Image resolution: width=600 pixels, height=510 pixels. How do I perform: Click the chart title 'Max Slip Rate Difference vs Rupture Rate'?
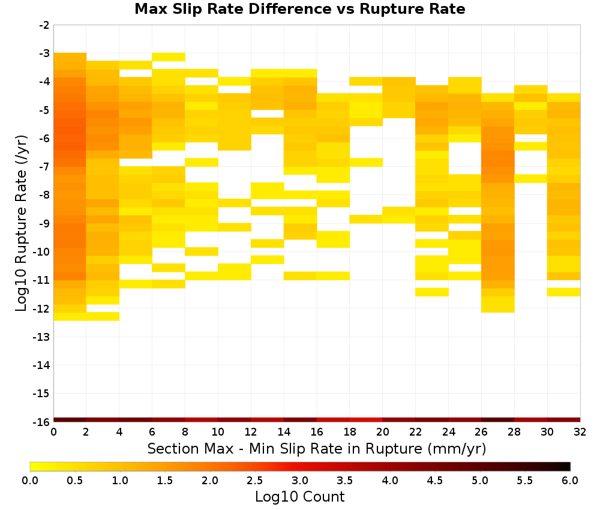pos(299,9)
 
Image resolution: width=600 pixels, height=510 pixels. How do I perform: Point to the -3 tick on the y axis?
pos(44,53)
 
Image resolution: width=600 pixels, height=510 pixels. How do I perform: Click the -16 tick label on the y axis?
pos(41,422)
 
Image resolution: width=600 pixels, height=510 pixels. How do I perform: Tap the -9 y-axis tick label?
pos(44,223)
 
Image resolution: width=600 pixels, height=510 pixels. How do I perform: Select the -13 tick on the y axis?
pos(41,337)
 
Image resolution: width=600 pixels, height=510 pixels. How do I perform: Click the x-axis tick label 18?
pos(350,432)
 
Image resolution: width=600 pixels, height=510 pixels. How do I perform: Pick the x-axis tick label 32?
pos(580,432)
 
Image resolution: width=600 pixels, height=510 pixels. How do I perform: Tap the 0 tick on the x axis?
pos(53,432)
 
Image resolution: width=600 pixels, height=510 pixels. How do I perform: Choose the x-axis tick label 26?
pos(481,432)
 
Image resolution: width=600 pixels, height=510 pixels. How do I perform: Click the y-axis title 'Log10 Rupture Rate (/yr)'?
pos(21,223)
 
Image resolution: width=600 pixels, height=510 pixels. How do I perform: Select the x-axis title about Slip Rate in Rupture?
pos(317,448)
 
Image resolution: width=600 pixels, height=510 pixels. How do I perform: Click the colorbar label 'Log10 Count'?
pos(299,497)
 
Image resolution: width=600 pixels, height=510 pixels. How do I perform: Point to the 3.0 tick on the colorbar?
pos(300,481)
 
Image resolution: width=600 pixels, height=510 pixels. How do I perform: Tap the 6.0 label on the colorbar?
pos(570,481)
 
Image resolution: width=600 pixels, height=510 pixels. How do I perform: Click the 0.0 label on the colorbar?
pos(30,481)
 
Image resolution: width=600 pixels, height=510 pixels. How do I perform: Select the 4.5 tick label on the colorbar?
pos(435,481)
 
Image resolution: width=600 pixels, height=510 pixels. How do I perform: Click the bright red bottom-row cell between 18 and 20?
pos(366,420)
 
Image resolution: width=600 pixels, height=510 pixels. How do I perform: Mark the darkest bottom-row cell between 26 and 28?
pos(498,420)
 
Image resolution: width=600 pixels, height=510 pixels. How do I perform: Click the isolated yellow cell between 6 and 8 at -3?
pos(169,57)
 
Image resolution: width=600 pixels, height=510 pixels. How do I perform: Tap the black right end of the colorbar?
pos(568,466)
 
